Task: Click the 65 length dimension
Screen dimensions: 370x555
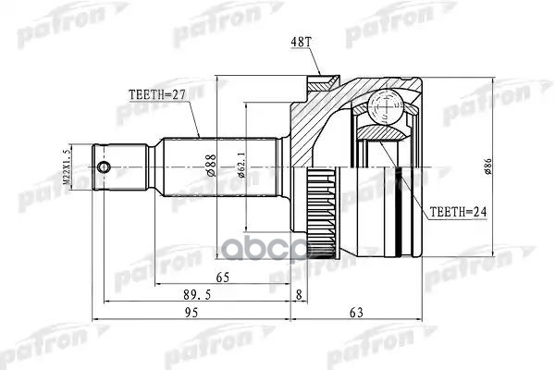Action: click(x=223, y=277)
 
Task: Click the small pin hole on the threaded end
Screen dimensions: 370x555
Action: click(x=106, y=167)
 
